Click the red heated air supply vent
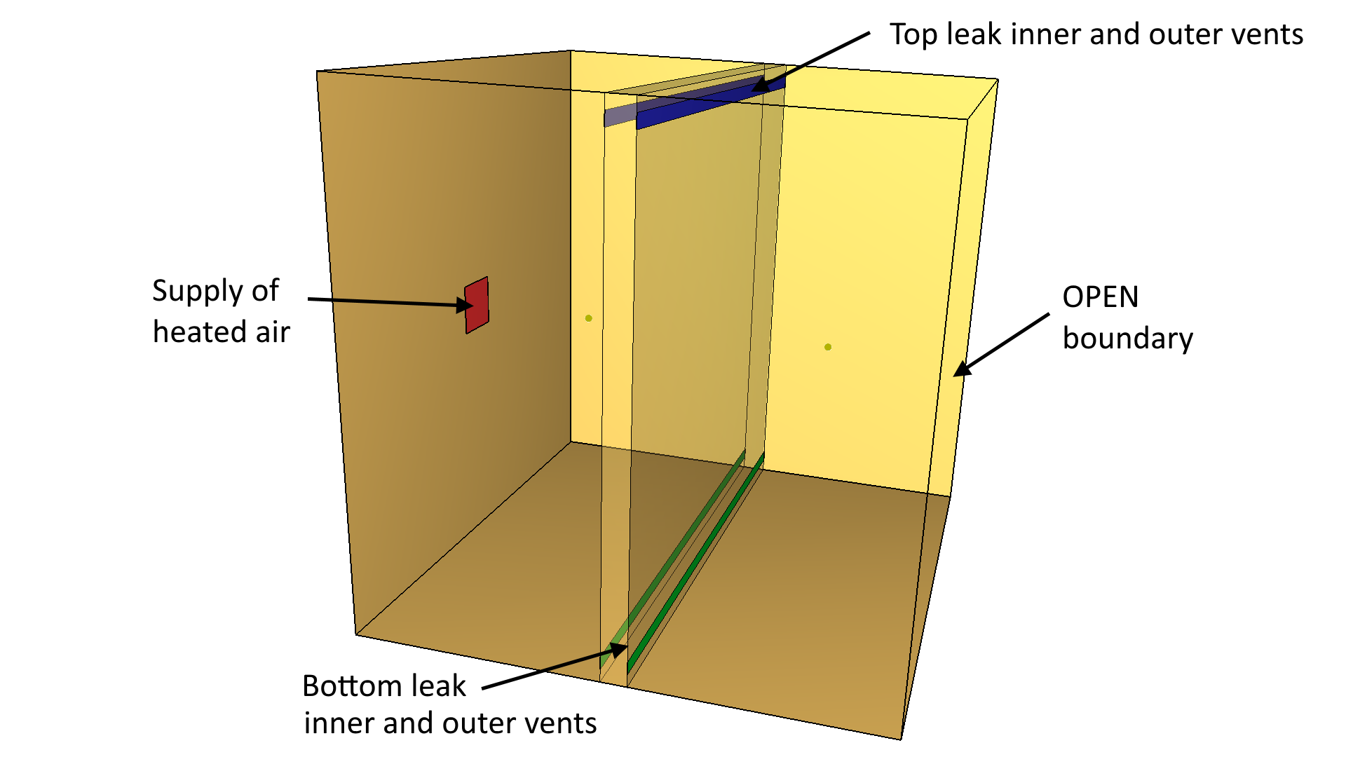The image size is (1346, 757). (477, 306)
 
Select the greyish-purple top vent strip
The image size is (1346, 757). (620, 116)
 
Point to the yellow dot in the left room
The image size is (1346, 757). (589, 318)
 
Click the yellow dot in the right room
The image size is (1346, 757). (828, 347)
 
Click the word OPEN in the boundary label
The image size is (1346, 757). (1100, 297)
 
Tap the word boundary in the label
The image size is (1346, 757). (1127, 339)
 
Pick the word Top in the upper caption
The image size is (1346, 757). (913, 34)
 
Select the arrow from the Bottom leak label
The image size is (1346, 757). (554, 668)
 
